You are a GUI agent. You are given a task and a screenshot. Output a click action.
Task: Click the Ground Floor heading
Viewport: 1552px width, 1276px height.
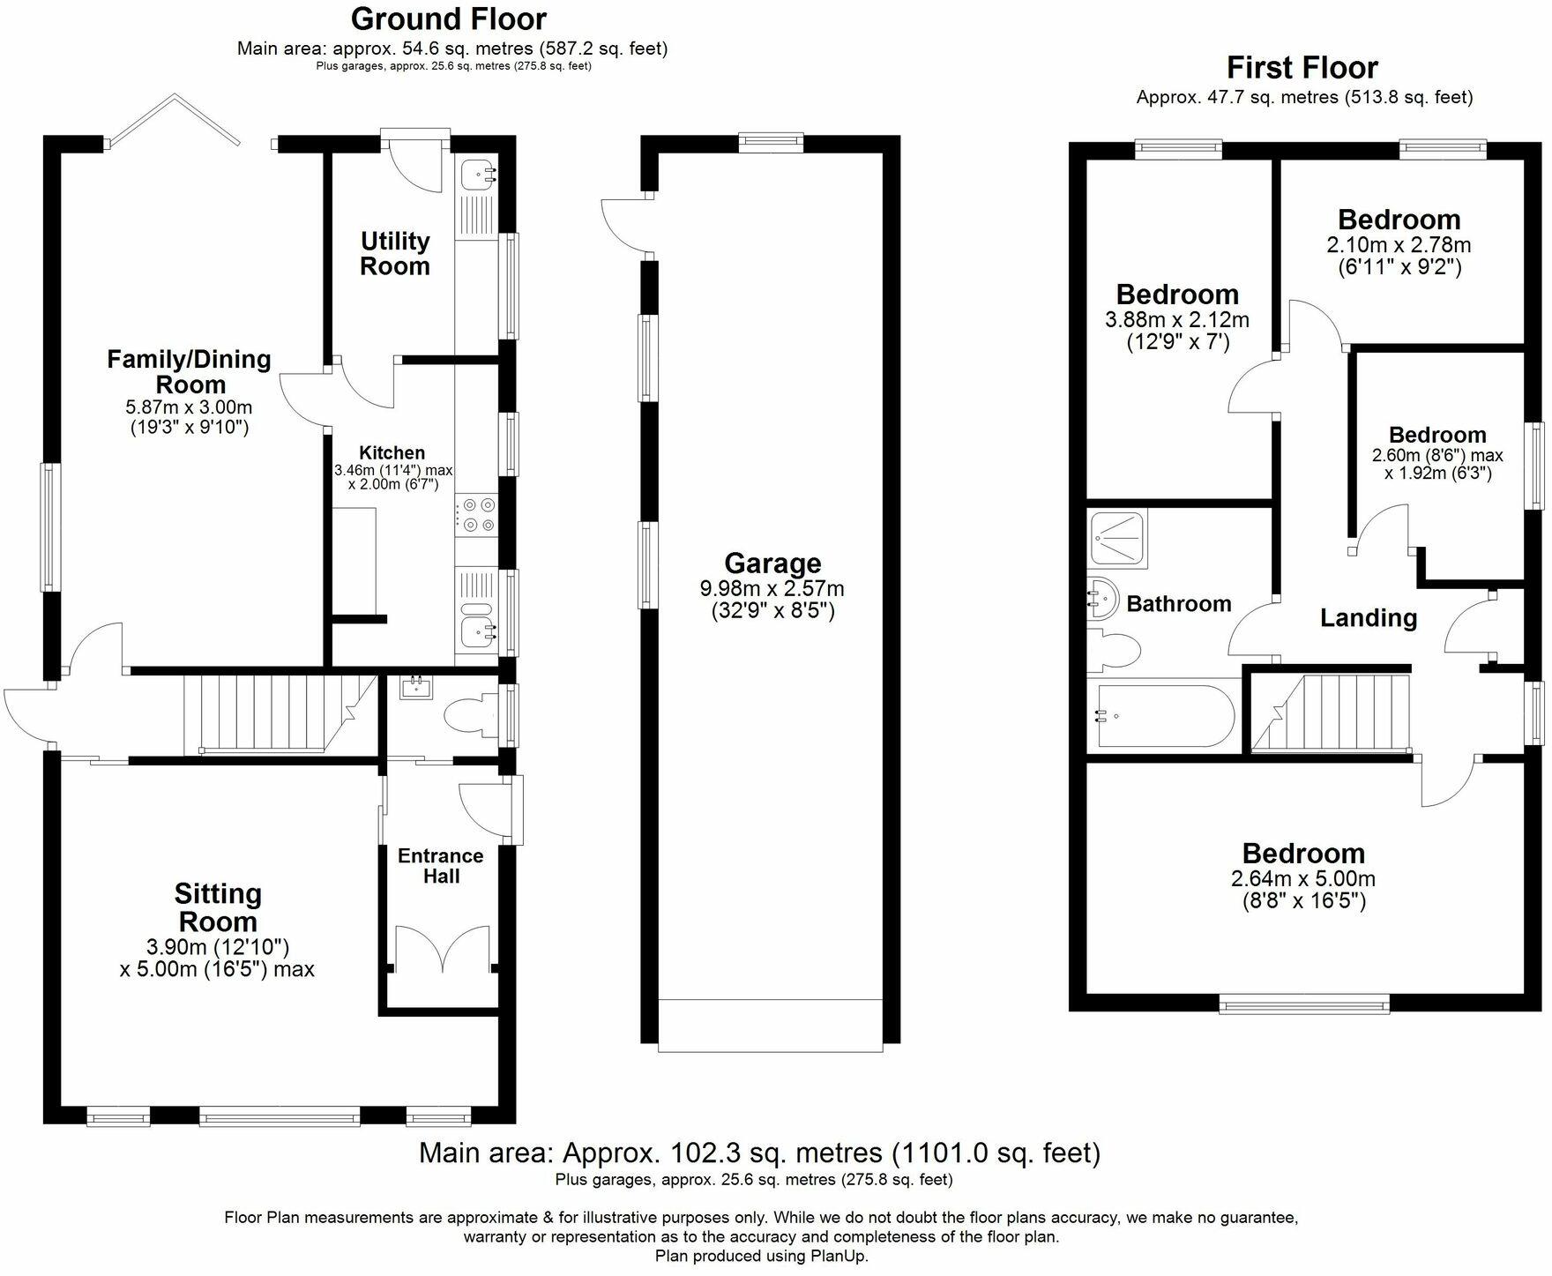449,19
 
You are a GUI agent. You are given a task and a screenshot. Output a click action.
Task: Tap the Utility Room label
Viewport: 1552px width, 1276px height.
395,253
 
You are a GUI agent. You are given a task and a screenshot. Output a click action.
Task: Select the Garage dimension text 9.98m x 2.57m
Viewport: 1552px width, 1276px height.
772,588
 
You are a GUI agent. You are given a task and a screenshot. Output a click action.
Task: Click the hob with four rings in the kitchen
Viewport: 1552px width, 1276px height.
476,515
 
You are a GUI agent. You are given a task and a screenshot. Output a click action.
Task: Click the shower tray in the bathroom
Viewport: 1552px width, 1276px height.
1119,538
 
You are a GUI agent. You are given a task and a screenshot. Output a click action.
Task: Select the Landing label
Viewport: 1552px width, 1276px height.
1368,618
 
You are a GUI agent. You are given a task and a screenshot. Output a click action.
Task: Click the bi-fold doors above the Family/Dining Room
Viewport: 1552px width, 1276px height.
173,119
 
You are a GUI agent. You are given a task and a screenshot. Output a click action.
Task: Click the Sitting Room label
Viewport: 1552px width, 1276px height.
218,907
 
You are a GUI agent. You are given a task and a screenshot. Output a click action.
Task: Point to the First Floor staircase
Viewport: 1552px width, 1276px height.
1332,713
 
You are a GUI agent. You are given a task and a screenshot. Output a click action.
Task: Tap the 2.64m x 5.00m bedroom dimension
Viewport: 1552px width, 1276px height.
1302,879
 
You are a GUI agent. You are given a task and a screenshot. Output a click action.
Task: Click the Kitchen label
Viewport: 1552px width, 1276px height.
392,453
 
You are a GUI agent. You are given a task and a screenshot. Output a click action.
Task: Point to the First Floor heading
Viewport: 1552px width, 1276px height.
1302,68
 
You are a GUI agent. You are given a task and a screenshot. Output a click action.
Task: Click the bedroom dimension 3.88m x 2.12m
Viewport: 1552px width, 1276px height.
1176,320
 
